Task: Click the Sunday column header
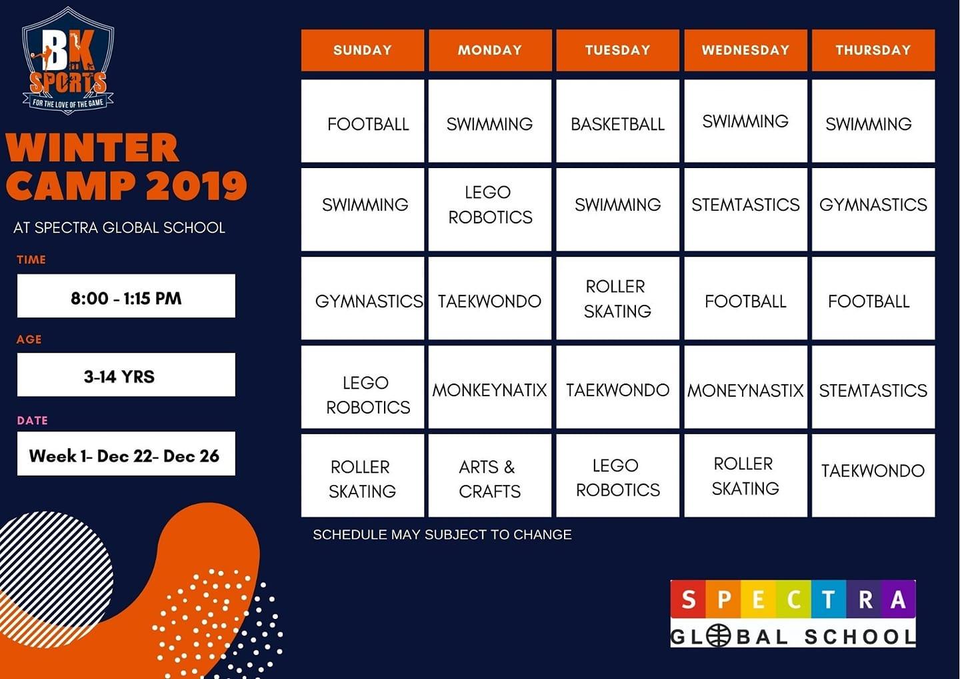pyautogui.click(x=363, y=50)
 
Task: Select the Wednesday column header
pyautogui.click(x=745, y=50)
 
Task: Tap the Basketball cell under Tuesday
pyautogui.click(x=617, y=121)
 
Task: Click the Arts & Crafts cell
pyautogui.click(x=490, y=476)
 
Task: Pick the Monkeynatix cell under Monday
pyautogui.click(x=490, y=387)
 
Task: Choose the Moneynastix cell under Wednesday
pyautogui.click(x=745, y=387)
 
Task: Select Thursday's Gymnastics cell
pyautogui.click(x=873, y=209)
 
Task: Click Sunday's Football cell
pyautogui.click(x=363, y=121)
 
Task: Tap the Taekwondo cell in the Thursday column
pyautogui.click(x=873, y=476)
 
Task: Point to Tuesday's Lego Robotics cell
pyautogui.click(x=617, y=476)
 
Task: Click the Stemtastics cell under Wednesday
pyautogui.click(x=745, y=209)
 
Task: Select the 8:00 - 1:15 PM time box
pyautogui.click(x=126, y=295)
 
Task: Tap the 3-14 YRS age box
pyautogui.click(x=126, y=375)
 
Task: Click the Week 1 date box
pyautogui.click(x=126, y=454)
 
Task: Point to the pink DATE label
pyautogui.click(x=32, y=420)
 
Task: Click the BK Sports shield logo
pyautogui.click(x=68, y=61)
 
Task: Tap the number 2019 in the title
pyautogui.click(x=196, y=185)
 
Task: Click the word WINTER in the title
pyautogui.click(x=92, y=147)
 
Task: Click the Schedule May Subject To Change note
pyautogui.click(x=442, y=534)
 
